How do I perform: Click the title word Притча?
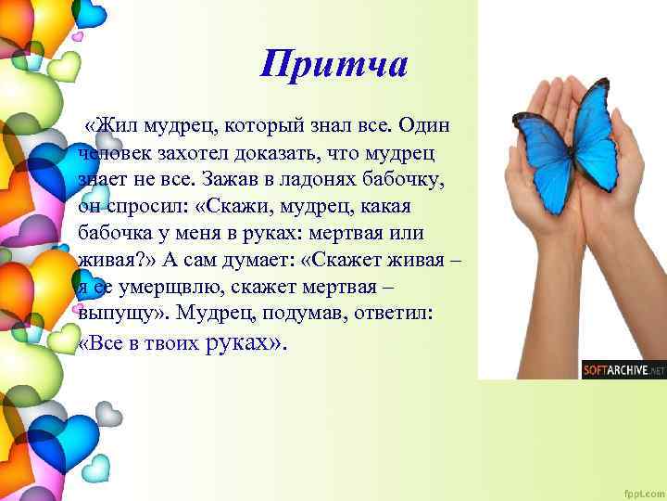coord(334,64)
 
